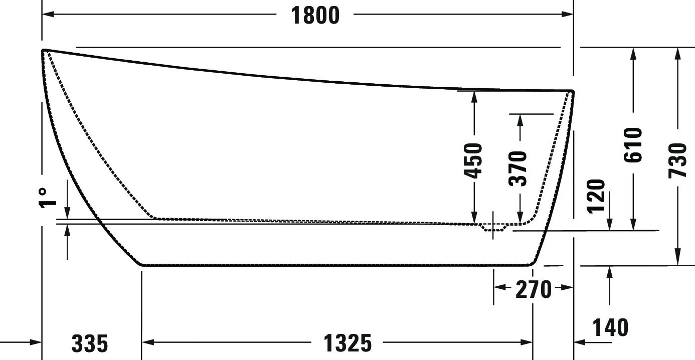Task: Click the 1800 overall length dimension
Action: (x=315, y=16)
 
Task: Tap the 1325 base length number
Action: (x=347, y=343)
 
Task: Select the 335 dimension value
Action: (x=90, y=343)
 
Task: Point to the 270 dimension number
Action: (x=534, y=289)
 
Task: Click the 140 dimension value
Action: (x=610, y=327)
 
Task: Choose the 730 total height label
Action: (x=678, y=161)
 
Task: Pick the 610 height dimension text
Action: (x=633, y=145)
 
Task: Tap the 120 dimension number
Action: (x=596, y=197)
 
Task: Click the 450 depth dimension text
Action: (x=473, y=161)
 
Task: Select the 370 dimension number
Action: (x=518, y=168)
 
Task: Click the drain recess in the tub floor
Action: (x=493, y=228)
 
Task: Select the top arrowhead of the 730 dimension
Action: (x=678, y=54)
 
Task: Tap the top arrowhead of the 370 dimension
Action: (x=520, y=120)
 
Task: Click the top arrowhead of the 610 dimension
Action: (x=633, y=54)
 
